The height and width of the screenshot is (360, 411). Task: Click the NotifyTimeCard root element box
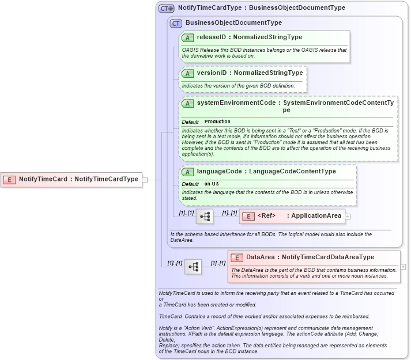[x=71, y=179]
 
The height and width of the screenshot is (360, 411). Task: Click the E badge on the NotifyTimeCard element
[x=9, y=179]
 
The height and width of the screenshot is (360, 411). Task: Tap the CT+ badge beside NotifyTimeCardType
[x=167, y=9]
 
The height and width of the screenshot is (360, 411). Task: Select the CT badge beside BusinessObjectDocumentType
[x=176, y=23]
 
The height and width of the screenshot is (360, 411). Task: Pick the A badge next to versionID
[x=187, y=73]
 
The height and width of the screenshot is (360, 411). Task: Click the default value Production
[x=217, y=122]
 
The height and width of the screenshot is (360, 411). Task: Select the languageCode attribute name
[x=219, y=172]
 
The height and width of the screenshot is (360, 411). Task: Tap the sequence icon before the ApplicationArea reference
[x=205, y=217]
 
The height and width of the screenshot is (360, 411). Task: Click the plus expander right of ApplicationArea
[x=348, y=217]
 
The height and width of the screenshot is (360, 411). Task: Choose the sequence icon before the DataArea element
[x=193, y=267]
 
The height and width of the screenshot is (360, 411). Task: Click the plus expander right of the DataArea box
[x=403, y=267]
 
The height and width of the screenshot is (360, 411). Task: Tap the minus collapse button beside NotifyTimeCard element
[x=145, y=179]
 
